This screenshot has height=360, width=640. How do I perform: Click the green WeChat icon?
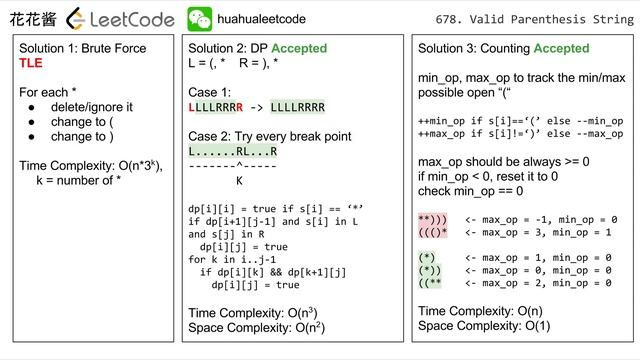coord(200,19)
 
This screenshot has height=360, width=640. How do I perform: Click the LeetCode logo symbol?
coord(76,19)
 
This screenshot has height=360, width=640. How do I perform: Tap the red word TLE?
coord(31,63)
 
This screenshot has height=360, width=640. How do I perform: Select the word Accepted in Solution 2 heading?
coord(299,48)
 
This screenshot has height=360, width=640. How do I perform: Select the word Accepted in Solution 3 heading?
coord(562,48)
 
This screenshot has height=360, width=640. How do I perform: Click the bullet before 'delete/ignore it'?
coord(31,108)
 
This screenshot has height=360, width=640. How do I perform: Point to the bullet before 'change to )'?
coord(31,137)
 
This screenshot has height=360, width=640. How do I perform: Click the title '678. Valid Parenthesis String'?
coord(535,19)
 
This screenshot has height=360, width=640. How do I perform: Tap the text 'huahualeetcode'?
coord(261,19)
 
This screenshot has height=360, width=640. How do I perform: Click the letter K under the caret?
coord(239,180)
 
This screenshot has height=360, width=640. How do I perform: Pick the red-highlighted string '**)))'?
coord(433,220)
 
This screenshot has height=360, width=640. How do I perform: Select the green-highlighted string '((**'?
coord(430,283)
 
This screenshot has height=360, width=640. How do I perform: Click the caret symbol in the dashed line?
coord(239,165)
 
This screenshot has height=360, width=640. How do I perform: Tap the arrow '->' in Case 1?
coord(256,108)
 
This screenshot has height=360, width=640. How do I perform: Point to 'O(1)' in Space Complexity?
coord(538,326)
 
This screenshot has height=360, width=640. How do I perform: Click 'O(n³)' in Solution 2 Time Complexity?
coord(302,313)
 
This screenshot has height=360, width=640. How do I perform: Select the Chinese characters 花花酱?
coord(33,19)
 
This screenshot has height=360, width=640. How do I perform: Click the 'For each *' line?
coord(48,92)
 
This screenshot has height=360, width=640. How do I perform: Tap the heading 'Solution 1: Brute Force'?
coord(82,48)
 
